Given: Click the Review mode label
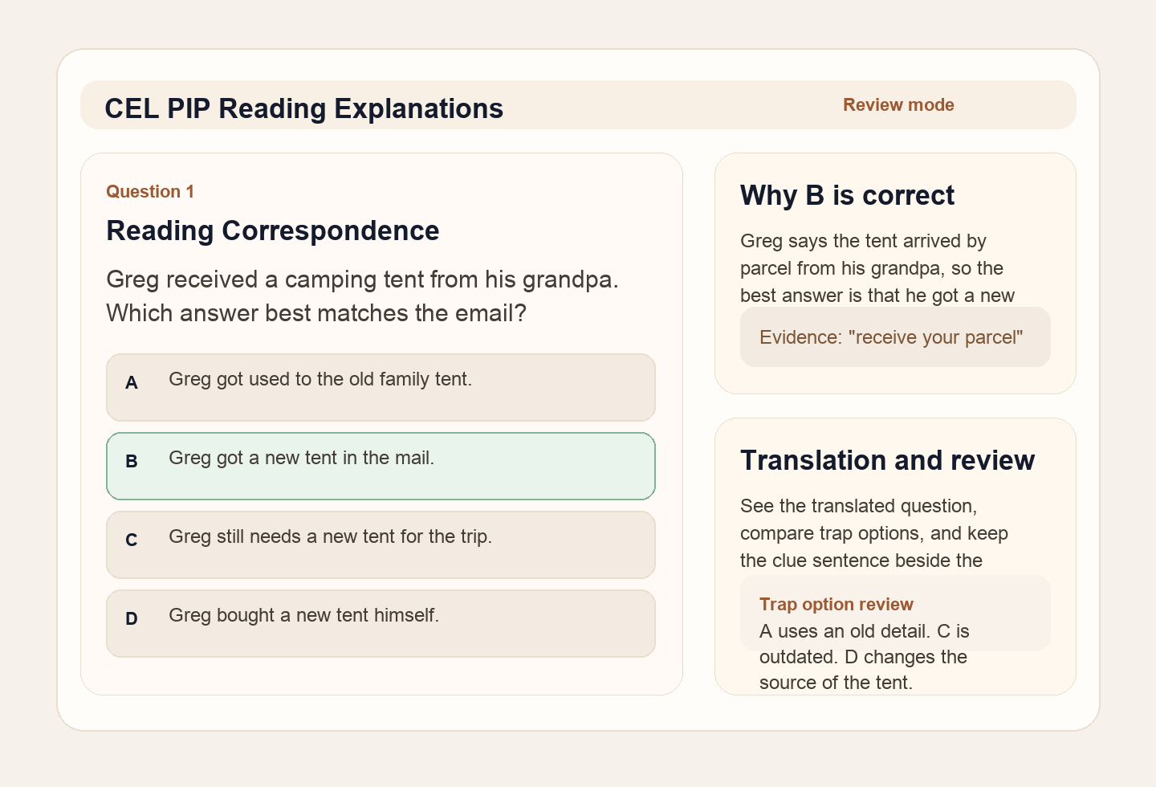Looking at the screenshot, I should coord(898,105).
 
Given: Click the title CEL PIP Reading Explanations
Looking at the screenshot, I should coord(303,108).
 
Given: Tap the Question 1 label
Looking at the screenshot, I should coord(150,191).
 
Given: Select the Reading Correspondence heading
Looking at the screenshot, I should coord(272,230).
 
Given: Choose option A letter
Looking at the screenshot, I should coord(132,383).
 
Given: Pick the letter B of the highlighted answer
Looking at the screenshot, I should coord(132,462).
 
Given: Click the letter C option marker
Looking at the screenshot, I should coord(132,540).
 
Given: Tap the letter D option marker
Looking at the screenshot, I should coord(132,619).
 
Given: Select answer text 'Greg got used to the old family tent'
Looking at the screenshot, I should coord(320,379).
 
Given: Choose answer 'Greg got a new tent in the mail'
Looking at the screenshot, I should coord(301,458).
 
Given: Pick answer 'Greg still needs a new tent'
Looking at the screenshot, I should coord(330,536).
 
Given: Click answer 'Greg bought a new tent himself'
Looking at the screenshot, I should coord(303,615).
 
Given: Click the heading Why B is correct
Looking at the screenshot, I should coord(847,195).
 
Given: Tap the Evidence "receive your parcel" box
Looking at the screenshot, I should coord(894,337).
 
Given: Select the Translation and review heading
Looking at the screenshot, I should coord(887,460).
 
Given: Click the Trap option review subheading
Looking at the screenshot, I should coord(836,605).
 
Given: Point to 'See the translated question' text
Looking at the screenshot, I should coord(858,506).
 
